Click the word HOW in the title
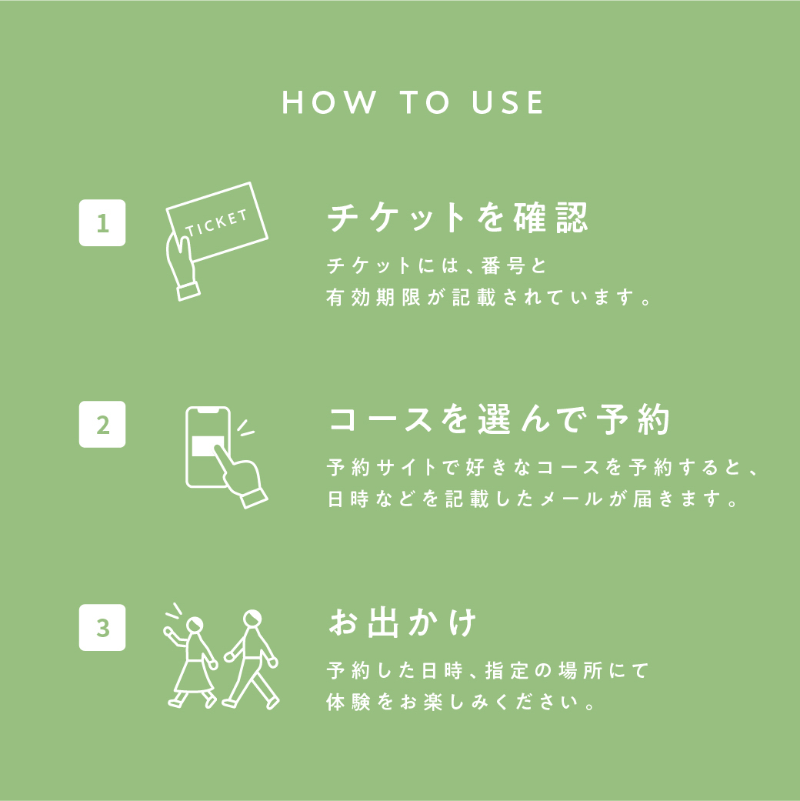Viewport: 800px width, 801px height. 329,102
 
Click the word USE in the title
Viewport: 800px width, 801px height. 507,102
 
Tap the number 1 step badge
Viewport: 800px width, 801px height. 102,222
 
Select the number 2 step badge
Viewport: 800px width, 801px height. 102,425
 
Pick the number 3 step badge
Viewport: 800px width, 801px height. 102,627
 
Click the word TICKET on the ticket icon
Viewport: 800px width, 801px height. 217,222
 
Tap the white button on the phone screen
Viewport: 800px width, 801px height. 206,446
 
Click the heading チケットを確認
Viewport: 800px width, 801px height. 458,218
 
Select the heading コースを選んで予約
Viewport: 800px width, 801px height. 498,419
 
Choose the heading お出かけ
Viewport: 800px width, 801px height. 402,622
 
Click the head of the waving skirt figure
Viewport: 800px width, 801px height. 194,625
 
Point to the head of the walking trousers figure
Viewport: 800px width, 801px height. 252,618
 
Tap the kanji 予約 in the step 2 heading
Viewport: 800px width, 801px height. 633,419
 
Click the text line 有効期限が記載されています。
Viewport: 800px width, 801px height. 488,297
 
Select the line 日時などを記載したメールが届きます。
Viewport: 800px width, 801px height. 532,499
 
